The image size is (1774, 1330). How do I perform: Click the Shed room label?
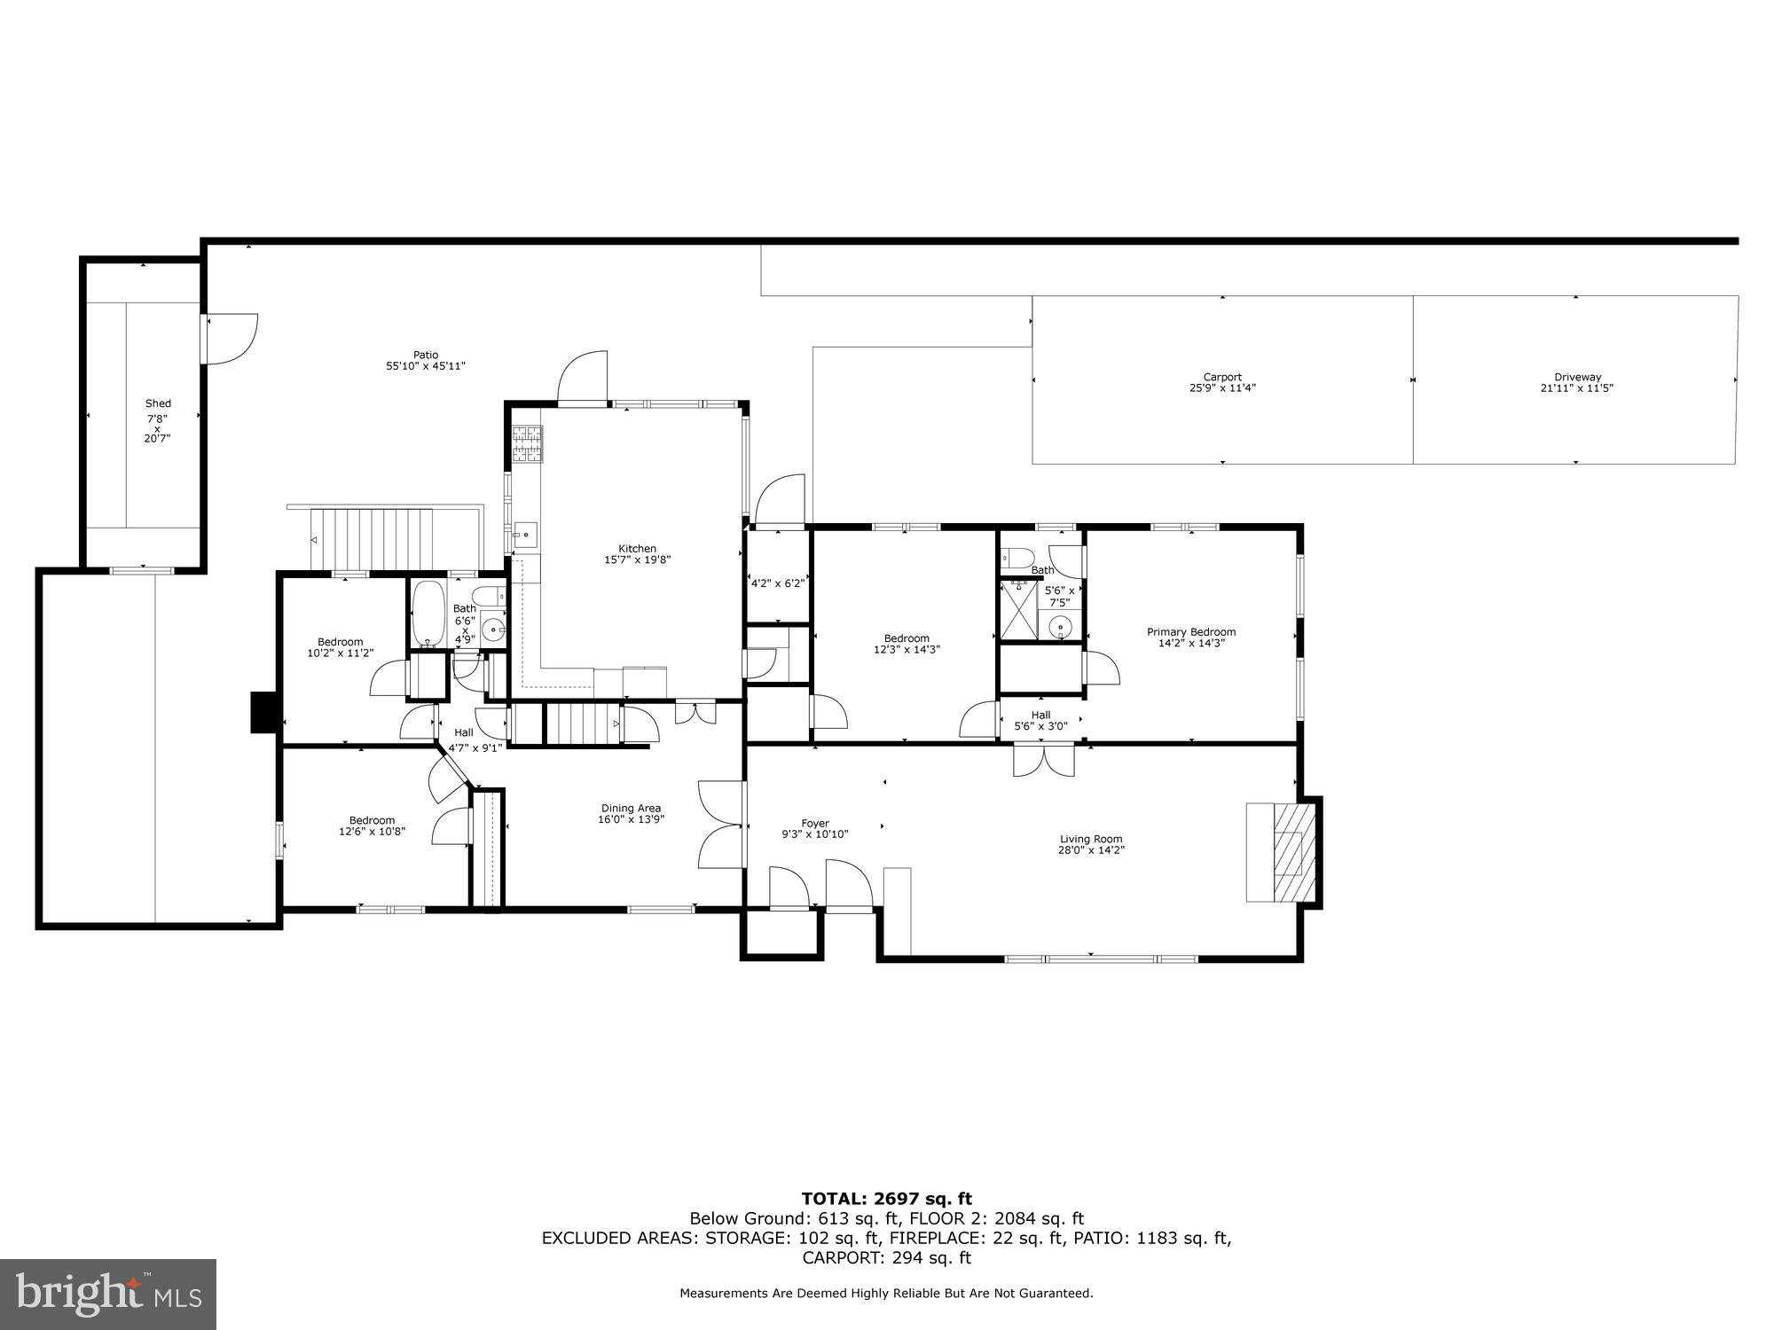(158, 403)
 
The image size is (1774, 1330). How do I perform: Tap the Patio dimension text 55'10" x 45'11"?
(426, 366)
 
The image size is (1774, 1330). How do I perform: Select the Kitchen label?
(637, 549)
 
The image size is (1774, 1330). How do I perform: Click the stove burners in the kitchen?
(528, 444)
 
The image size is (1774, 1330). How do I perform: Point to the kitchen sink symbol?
(525, 534)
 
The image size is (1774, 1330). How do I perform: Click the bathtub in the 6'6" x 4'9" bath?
(429, 615)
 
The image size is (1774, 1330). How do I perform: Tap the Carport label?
(1222, 377)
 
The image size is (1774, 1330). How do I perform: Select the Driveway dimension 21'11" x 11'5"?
(1576, 388)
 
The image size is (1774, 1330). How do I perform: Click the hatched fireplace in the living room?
(1288, 851)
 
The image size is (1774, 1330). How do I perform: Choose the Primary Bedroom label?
(1190, 632)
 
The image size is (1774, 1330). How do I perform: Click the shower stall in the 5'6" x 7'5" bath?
(1019, 609)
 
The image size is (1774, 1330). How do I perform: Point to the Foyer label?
(814, 824)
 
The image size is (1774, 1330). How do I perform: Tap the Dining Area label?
(630, 808)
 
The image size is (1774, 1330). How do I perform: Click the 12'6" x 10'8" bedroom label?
(372, 831)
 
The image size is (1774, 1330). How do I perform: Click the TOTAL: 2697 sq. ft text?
(886, 1200)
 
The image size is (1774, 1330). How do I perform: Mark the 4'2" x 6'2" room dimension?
(777, 583)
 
